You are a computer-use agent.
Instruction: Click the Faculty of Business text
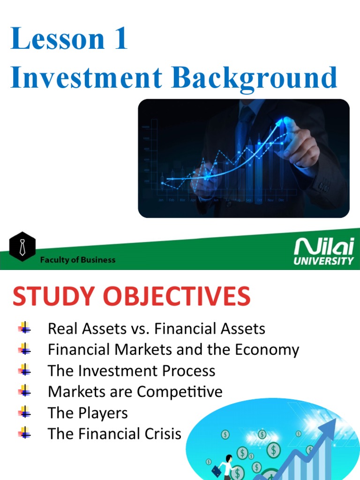(x=77, y=260)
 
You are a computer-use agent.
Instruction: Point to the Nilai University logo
(x=323, y=251)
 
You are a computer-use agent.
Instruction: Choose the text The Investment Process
(x=131, y=371)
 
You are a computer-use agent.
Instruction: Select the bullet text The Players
(x=88, y=412)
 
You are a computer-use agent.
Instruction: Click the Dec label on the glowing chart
(x=281, y=200)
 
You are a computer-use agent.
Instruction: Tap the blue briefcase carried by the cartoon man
(x=216, y=470)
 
